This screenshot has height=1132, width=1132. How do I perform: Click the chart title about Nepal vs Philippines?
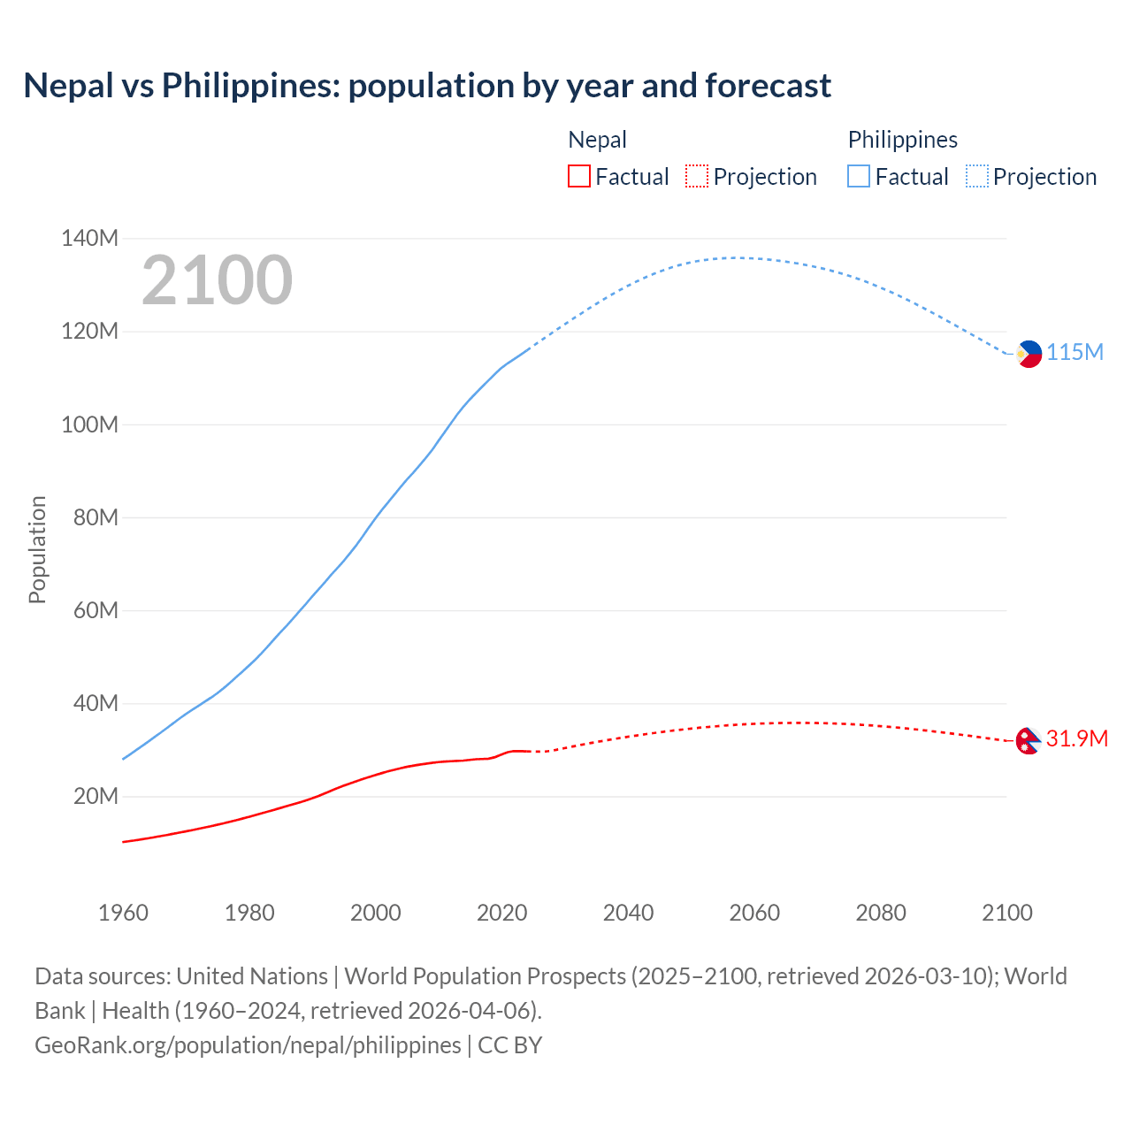427,86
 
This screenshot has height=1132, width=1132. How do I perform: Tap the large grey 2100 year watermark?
217,280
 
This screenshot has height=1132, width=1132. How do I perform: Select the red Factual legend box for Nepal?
578,176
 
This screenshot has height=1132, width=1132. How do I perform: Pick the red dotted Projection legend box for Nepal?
697,176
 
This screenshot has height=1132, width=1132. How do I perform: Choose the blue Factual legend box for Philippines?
859,176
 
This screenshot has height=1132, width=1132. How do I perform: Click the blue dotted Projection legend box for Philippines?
976,176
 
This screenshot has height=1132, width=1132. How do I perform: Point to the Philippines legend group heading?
902,140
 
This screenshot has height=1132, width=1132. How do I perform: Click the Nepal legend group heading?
597,140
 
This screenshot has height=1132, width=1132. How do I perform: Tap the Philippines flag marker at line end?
1029,353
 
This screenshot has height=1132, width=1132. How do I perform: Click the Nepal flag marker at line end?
1028,740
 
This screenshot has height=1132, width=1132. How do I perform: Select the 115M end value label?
1075,352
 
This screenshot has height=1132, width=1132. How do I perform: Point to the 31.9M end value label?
1076,738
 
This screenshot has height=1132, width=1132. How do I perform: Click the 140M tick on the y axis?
89,238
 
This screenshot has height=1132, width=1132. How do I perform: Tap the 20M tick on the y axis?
96,796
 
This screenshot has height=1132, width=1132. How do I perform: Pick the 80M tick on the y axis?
96,517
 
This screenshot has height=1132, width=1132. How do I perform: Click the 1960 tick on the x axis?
123,913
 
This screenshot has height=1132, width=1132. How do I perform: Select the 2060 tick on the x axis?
754,913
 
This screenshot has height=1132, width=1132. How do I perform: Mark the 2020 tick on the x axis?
501,913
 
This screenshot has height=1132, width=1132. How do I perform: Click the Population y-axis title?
37,549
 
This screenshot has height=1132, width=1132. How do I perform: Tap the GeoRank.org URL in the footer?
248,1045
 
